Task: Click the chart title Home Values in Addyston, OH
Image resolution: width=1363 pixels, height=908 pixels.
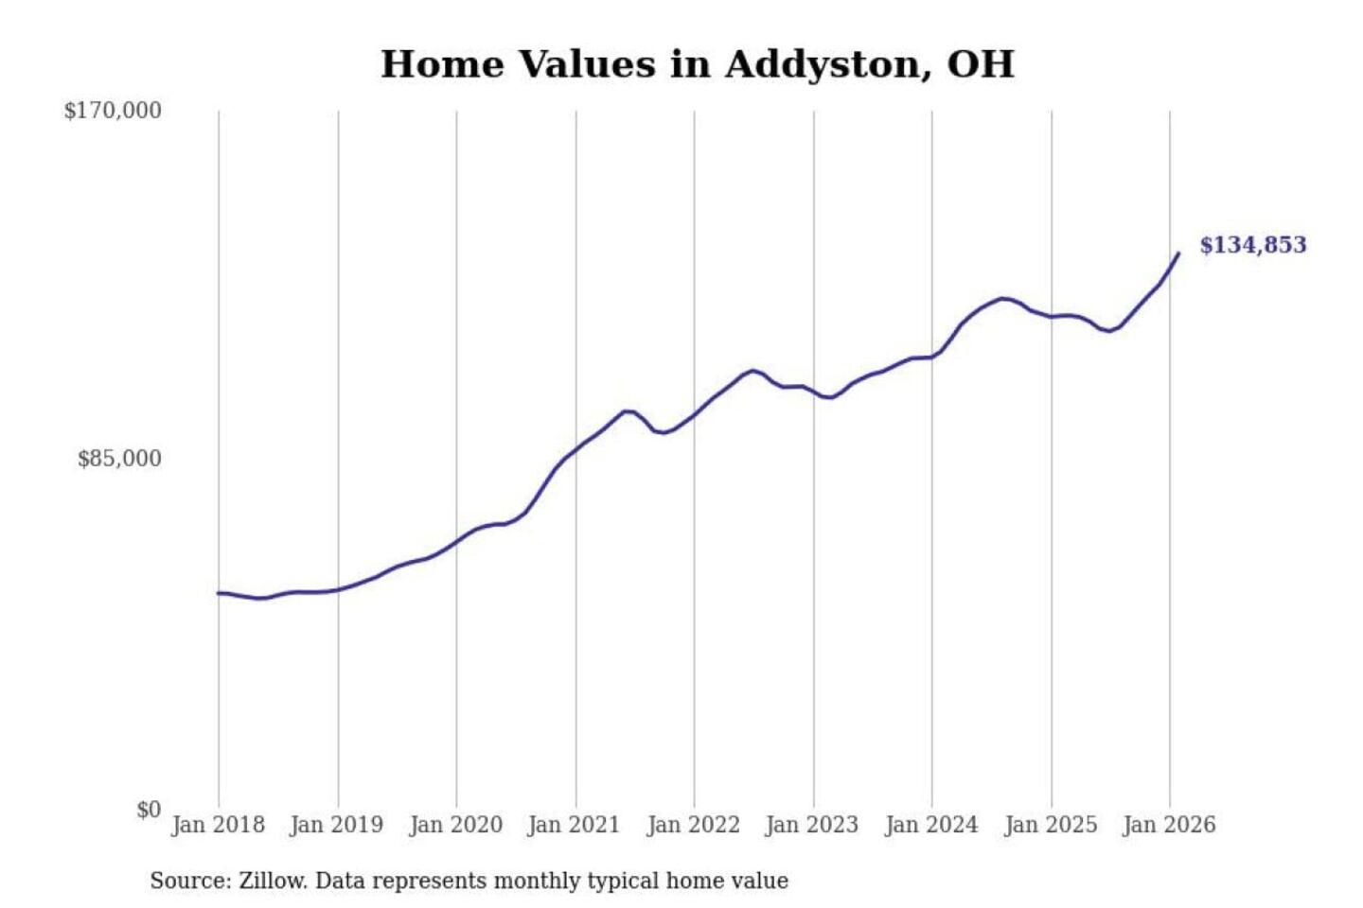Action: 697,64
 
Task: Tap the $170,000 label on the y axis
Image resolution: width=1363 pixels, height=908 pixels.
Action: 113,111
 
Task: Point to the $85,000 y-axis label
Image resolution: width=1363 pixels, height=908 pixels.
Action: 119,459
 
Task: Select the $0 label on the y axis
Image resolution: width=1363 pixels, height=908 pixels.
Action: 149,810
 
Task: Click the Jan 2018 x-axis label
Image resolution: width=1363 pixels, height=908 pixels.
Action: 218,825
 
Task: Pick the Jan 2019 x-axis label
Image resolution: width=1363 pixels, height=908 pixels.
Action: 337,825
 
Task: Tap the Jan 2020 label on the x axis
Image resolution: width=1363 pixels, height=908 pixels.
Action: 455,825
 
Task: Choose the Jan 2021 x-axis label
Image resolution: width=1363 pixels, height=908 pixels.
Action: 574,825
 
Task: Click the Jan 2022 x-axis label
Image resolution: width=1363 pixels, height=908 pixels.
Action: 693,825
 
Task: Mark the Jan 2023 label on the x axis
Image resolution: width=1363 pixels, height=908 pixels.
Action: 811,825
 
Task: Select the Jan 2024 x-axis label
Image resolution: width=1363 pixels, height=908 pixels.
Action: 930,825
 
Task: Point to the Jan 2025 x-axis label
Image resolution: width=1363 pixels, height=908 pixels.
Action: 1050,825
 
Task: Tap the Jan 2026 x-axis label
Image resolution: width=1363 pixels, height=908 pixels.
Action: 1168,825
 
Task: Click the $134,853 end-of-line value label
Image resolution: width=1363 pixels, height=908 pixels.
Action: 1252,245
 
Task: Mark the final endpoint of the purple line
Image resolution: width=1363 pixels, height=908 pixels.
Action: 1178,253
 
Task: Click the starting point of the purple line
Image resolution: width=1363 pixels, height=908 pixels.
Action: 219,593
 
